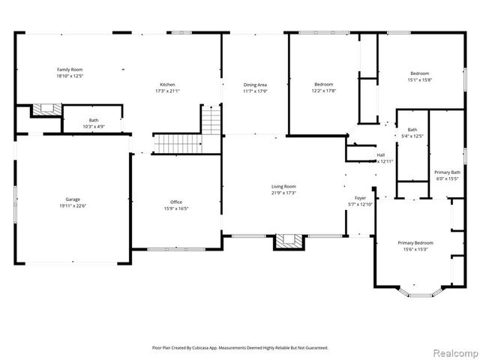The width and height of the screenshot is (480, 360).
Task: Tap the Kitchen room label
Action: (166, 85)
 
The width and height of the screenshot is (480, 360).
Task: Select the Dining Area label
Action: (255, 85)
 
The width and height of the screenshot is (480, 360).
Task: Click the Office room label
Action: (176, 202)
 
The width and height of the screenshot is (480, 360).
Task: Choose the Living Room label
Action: (283, 186)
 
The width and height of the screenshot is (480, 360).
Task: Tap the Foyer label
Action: (360, 198)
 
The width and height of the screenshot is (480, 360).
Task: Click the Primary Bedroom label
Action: (415, 243)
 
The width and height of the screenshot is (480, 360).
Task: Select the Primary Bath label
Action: (447, 172)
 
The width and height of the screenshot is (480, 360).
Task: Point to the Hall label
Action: (380, 156)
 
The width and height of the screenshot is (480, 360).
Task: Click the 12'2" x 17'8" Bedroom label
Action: (324, 84)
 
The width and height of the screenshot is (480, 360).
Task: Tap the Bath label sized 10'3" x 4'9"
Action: (93, 120)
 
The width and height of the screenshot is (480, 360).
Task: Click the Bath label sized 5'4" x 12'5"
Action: (412, 130)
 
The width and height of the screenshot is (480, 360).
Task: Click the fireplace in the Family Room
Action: (45, 109)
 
